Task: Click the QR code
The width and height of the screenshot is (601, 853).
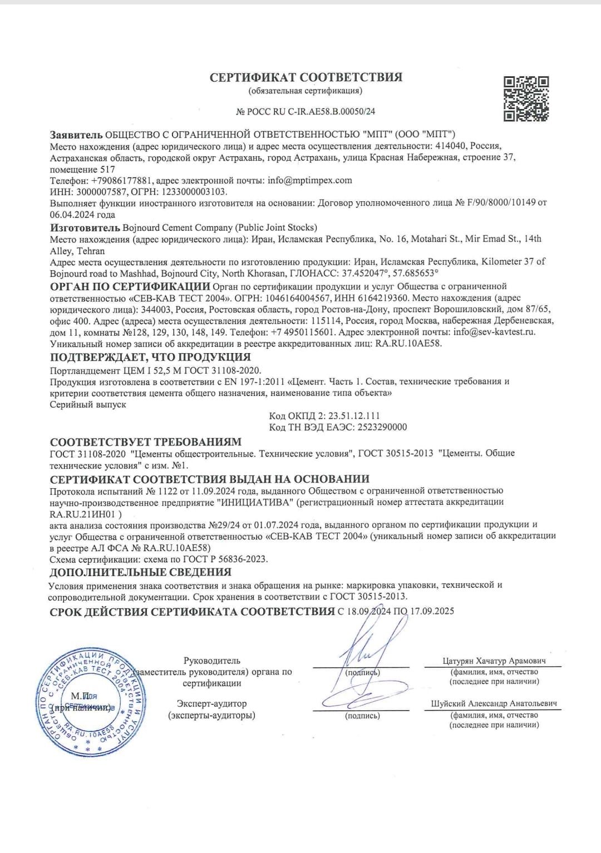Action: (x=526, y=98)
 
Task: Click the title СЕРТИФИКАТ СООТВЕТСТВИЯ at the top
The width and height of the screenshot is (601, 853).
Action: (x=306, y=77)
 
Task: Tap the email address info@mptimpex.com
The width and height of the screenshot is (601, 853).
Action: (x=309, y=180)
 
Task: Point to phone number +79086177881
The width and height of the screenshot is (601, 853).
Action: (x=121, y=180)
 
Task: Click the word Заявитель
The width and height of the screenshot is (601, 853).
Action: (x=76, y=135)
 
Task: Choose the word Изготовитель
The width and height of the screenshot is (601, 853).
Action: (x=85, y=227)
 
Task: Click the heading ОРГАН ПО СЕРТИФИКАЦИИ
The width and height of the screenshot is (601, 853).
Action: (x=130, y=286)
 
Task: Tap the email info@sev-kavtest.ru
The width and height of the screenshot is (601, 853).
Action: (x=494, y=332)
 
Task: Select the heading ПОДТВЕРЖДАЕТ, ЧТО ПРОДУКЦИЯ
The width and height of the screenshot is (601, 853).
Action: (x=150, y=357)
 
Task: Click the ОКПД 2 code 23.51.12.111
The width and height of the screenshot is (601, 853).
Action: (x=354, y=416)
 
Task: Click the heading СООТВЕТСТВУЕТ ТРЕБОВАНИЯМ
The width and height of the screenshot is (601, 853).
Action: (x=146, y=442)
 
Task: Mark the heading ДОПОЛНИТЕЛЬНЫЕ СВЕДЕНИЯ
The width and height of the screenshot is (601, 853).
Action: (x=140, y=572)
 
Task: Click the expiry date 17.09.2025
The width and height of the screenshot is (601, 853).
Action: (x=432, y=611)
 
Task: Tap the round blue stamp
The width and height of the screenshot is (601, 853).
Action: (x=90, y=702)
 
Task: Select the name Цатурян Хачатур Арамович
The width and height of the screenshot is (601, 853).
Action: (x=494, y=661)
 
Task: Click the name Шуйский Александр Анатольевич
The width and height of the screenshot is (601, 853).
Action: (x=494, y=703)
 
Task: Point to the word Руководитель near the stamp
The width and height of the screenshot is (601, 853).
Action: (x=211, y=661)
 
